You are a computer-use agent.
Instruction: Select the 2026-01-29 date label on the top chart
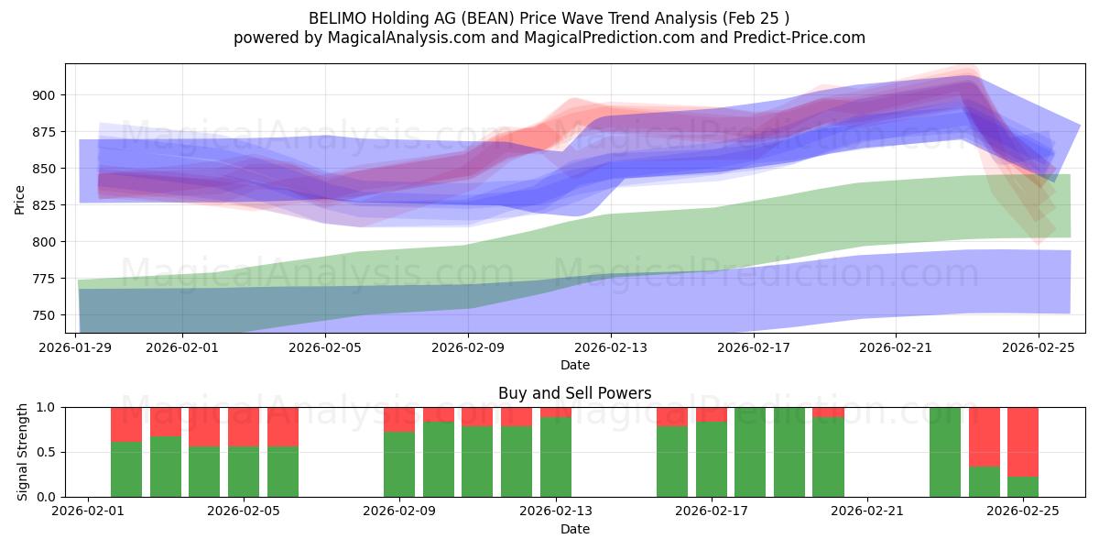click(76, 347)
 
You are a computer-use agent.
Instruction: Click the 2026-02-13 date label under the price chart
click(611, 347)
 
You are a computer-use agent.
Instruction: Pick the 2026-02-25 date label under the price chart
click(1039, 347)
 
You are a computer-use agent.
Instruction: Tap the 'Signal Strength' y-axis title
click(23, 452)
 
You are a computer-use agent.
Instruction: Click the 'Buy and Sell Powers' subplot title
click(574, 393)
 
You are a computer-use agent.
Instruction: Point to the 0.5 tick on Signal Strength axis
click(48, 452)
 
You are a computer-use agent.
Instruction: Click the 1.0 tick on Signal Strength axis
click(48, 407)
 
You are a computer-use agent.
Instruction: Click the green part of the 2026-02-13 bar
click(556, 456)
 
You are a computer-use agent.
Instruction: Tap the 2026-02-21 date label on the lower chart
click(866, 511)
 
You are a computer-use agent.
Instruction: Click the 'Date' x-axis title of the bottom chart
click(574, 529)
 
